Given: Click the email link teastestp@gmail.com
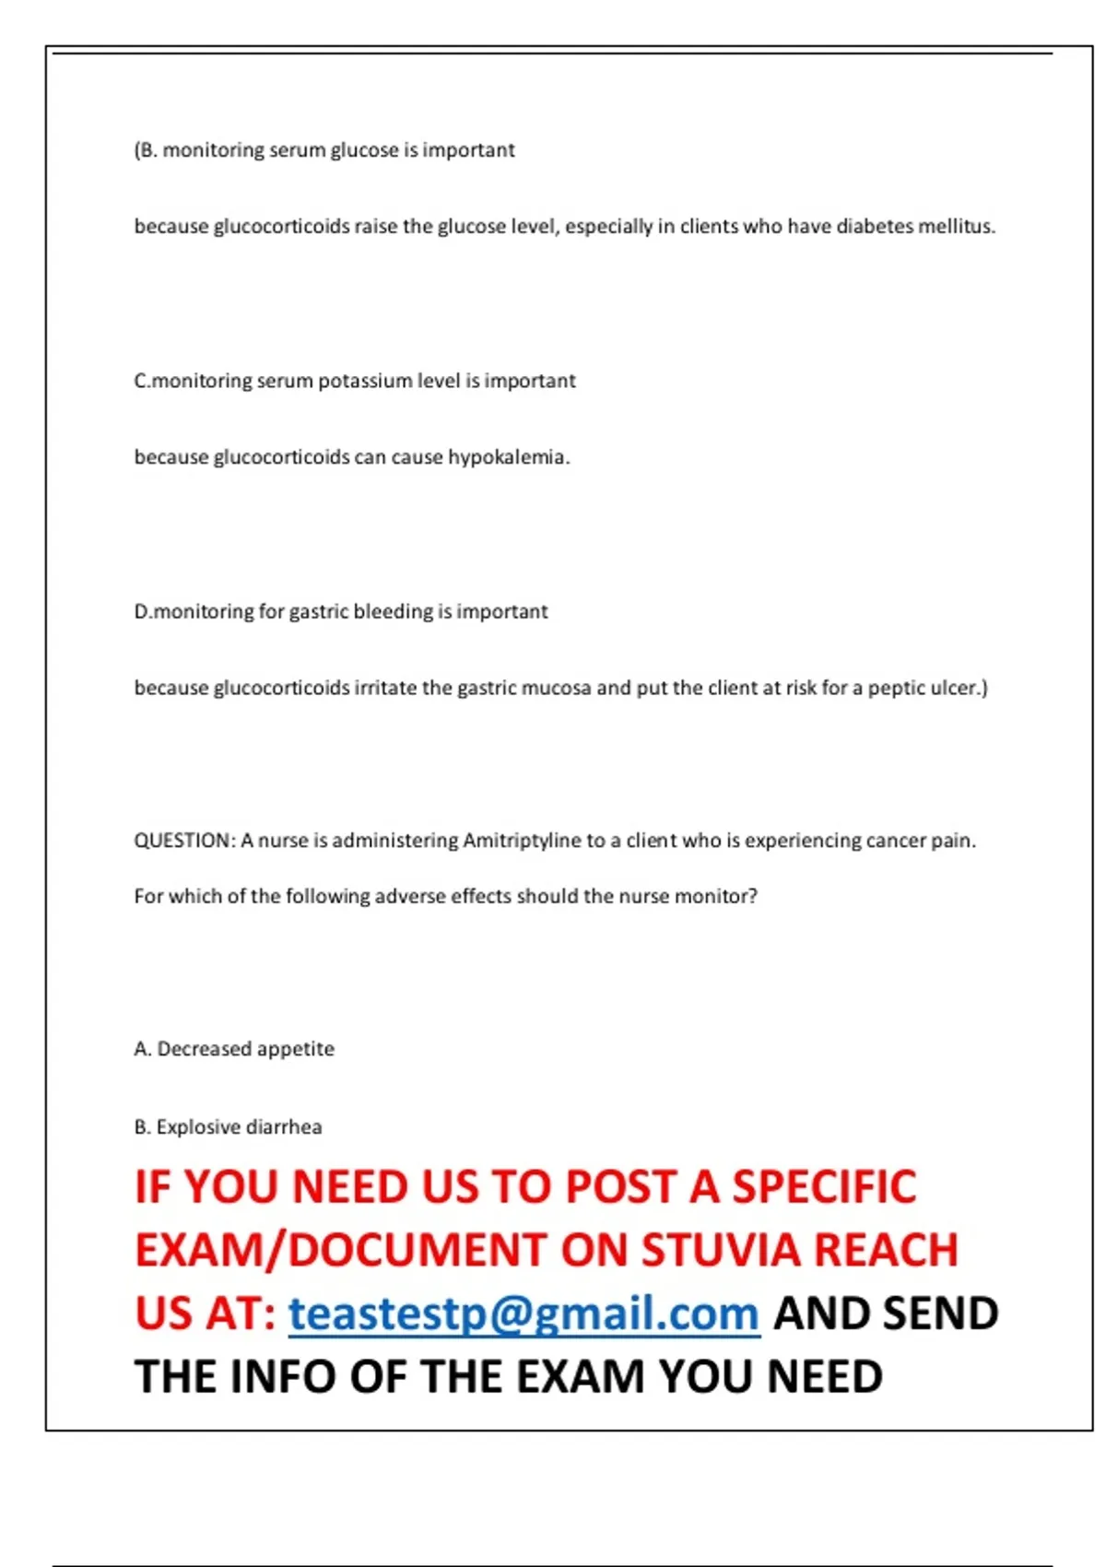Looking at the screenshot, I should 524,1314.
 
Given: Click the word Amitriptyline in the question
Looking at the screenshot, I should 522,841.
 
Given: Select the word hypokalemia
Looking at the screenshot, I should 508,457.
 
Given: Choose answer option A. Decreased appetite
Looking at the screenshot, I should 234,1049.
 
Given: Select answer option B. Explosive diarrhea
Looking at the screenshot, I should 228,1127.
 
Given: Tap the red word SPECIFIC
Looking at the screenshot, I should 824,1186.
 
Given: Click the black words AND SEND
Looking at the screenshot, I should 886,1314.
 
